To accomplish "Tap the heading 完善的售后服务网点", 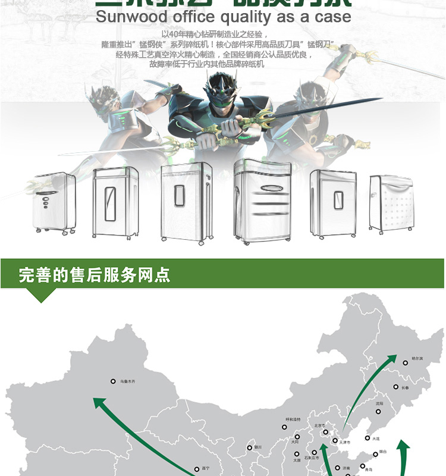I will coord(95,275).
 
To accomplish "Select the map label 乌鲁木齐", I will coord(128,381).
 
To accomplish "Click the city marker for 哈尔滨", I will coord(405,362).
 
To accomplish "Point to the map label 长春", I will coord(405,387).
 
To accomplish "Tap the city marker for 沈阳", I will coord(379,411).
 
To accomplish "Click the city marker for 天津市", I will coord(335,441).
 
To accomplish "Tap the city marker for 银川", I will coord(250,447).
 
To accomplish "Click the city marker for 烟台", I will coord(375,454).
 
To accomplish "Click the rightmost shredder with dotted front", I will coord(391,202).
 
